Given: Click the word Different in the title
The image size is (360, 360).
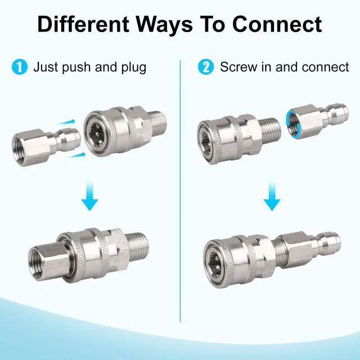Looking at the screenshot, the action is click(x=83, y=24).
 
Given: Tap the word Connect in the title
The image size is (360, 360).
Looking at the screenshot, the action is click(x=277, y=24).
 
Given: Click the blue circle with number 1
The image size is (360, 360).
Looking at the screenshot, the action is click(x=20, y=67).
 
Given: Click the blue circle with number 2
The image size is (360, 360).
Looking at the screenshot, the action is click(x=206, y=67).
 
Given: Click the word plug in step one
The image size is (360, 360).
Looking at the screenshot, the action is click(x=134, y=67).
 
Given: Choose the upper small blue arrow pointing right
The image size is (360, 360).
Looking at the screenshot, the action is click(x=66, y=122).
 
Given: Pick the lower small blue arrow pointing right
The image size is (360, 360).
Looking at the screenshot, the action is click(x=76, y=155).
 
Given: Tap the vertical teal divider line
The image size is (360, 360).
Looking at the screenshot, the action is click(x=180, y=191).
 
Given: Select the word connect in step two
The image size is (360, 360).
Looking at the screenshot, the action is click(x=325, y=67).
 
